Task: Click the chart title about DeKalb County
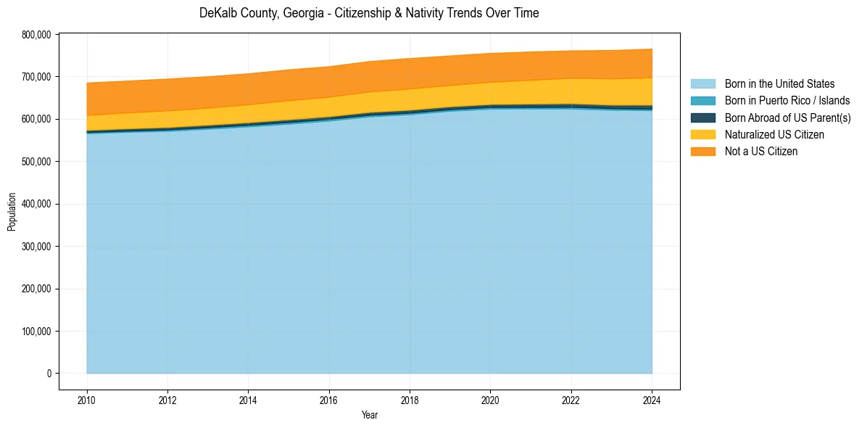click(369, 13)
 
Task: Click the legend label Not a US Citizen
click(761, 151)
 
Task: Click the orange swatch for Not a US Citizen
click(703, 151)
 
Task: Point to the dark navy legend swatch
click(703, 118)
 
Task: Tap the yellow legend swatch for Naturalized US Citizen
click(703, 134)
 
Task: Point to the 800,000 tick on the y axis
click(36, 34)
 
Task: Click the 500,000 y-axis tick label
click(36, 161)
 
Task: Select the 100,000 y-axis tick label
click(36, 332)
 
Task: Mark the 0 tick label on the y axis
click(49, 374)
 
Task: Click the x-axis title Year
click(369, 415)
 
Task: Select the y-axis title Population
click(12, 211)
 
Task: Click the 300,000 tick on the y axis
click(36, 247)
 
